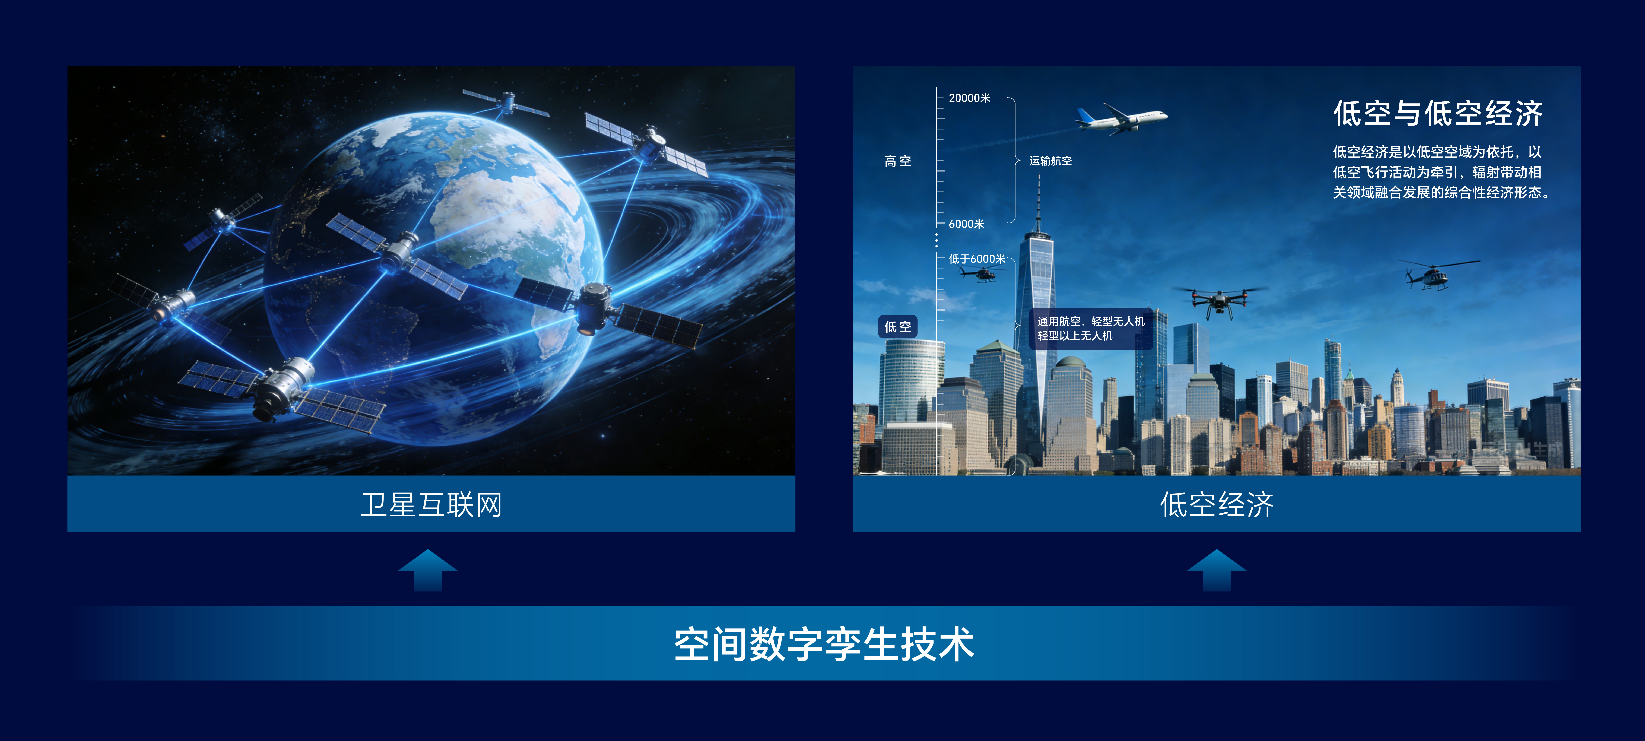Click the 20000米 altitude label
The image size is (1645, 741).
969,98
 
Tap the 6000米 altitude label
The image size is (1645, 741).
966,224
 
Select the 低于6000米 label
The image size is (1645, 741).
977,259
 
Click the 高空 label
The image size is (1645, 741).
898,161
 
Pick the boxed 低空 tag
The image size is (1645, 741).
898,326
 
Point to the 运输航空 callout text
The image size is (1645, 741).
1050,161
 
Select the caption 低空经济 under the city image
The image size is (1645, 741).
1216,505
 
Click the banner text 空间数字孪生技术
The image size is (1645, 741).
824,644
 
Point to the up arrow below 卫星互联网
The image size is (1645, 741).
428,570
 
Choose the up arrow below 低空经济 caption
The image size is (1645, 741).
1216,570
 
